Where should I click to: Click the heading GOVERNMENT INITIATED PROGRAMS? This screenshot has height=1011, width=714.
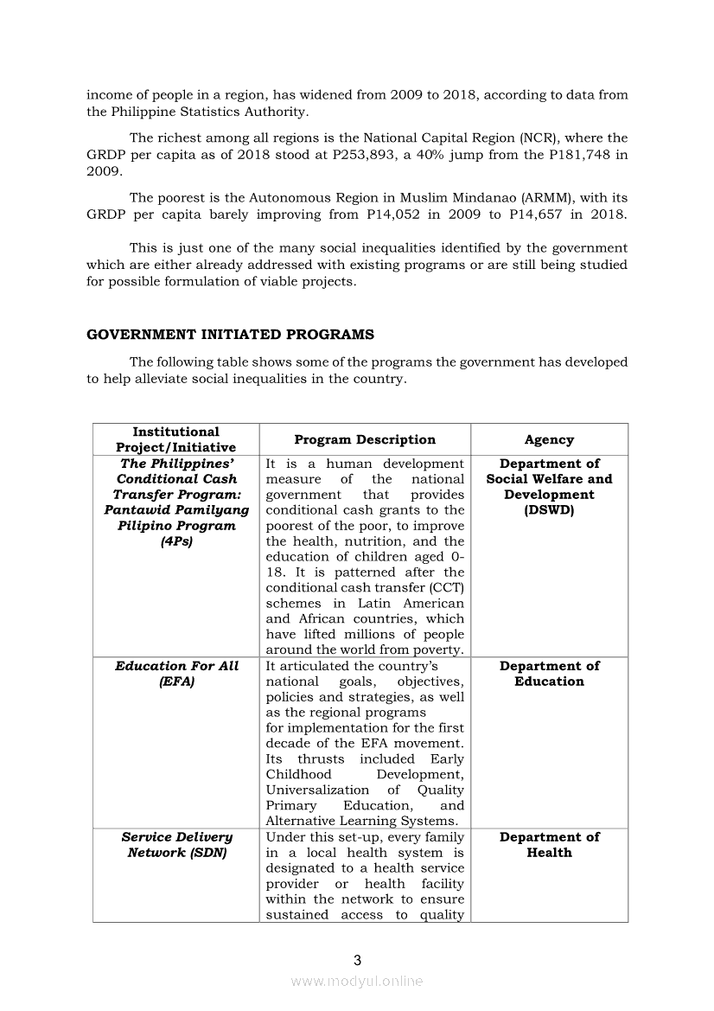[x=231, y=334]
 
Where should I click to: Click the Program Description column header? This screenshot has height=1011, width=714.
[x=365, y=439]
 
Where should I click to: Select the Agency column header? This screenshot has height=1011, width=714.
[x=549, y=439]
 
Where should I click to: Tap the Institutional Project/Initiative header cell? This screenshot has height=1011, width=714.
[x=176, y=439]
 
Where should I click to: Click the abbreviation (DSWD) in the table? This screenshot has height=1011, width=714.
[x=549, y=510]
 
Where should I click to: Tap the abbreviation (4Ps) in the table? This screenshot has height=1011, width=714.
[x=176, y=541]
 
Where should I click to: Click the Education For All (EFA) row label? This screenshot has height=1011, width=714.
[x=176, y=674]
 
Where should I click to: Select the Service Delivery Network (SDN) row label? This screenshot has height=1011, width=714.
[x=176, y=845]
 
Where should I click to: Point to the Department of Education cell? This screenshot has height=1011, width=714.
[x=549, y=674]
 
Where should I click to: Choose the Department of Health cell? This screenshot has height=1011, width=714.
[x=549, y=845]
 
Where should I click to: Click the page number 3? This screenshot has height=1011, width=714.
[x=357, y=960]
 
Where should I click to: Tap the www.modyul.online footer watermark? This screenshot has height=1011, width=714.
[x=357, y=981]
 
